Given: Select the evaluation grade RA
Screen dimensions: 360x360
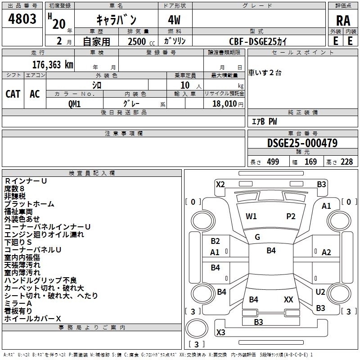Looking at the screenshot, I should tap(343, 21).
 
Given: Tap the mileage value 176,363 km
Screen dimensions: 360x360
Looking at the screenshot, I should tap(53, 64).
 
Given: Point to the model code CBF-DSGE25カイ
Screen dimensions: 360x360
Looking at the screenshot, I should tap(258, 41).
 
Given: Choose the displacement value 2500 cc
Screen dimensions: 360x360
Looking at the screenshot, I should tap(137, 41).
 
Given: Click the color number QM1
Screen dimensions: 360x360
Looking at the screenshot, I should tap(75, 103).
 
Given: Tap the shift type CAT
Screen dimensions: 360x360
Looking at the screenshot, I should tap(13, 94).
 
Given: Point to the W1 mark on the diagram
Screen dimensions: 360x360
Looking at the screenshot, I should tap(251, 216).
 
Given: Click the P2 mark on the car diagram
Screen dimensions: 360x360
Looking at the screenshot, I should tap(291, 216).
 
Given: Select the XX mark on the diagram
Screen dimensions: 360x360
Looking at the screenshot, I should tap(288, 299).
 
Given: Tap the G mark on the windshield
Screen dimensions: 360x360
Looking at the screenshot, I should tap(257, 237).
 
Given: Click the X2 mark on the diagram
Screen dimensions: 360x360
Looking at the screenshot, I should tap(220, 184).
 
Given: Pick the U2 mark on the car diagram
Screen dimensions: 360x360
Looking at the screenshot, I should tap(320, 292).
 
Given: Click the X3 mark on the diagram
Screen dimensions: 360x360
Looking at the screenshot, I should tap(220, 332).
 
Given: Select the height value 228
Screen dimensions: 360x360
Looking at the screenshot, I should tap(346, 162).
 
